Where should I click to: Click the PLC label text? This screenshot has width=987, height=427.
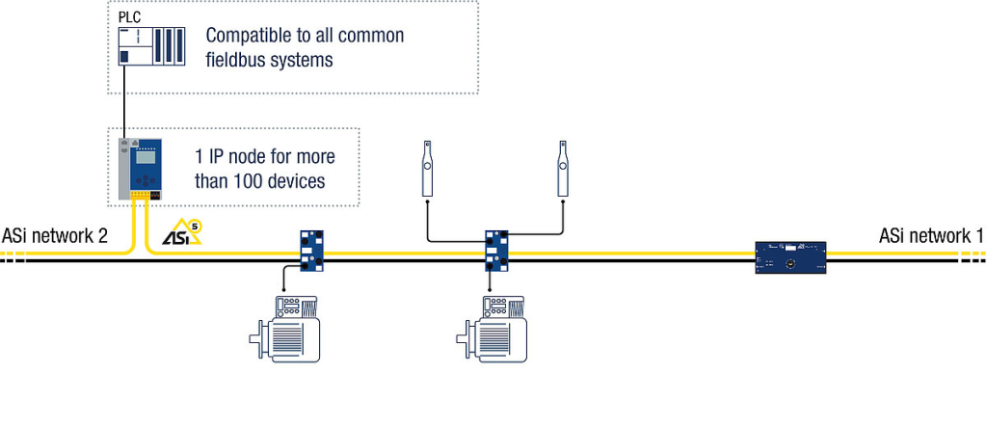pyautogui.click(x=128, y=17)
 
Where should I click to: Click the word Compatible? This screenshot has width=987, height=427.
pyautogui.click(x=250, y=36)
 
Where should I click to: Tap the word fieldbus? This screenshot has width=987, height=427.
pyautogui.click(x=239, y=60)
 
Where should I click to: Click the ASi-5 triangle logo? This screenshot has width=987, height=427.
pyautogui.click(x=181, y=234)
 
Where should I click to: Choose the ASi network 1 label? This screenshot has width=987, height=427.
pyautogui.click(x=931, y=235)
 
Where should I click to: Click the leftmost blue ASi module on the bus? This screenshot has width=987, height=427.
pyautogui.click(x=313, y=251)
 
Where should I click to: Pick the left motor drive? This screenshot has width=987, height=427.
pyautogui.click(x=286, y=330)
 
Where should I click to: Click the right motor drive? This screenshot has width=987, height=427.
pyautogui.click(x=493, y=330)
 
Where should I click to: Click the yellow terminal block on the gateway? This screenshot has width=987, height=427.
pyautogui.click(x=141, y=195)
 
